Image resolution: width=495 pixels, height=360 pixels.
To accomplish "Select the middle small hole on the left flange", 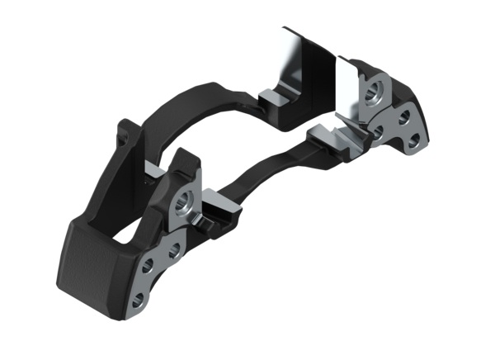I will point(172,248).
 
